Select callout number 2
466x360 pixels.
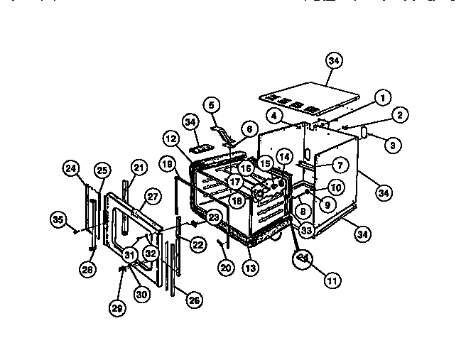pos(400,115)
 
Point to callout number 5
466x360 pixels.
pos(210,104)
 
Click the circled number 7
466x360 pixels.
pos(340,165)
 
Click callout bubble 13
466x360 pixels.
pos(249,268)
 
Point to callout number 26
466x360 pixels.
pos(193,300)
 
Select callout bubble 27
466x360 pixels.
pos(152,197)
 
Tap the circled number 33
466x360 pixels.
pos(306,229)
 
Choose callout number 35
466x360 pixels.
pos(59,219)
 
